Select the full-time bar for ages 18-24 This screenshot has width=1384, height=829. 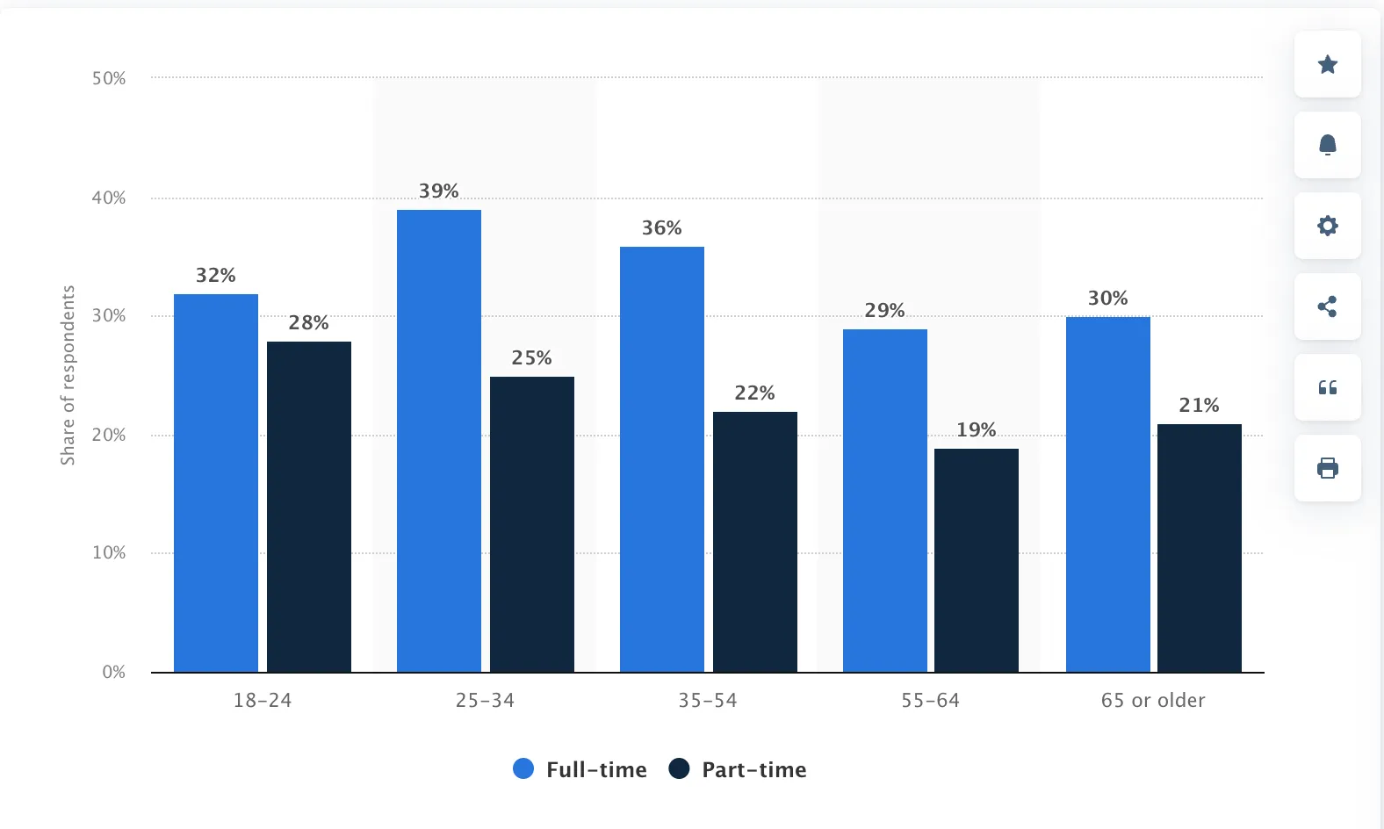pos(216,483)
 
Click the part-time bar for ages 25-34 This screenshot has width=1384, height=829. pos(532,524)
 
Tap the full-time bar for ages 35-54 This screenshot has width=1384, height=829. pos(662,459)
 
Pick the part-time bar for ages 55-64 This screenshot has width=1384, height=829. pos(977,560)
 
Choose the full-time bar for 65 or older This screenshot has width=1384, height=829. pos(1108,494)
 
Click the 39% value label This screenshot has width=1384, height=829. pos(439,191)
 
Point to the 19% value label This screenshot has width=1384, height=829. pos(977,430)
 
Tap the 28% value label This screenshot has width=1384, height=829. pos(309,323)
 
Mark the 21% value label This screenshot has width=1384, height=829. pos(1200,406)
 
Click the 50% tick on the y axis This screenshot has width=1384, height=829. pos(109,79)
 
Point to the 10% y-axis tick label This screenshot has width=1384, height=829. pos(109,553)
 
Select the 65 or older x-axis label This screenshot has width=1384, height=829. pos(1153,701)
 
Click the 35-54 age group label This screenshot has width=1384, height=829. pos(708,701)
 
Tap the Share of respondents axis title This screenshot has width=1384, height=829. pos(68,375)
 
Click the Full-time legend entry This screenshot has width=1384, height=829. pos(580,770)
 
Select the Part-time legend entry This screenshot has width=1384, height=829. pos(738,770)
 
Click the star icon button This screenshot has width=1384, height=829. pos(1328,64)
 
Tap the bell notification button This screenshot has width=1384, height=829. pos(1328,145)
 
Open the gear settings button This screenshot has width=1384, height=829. pos(1328,226)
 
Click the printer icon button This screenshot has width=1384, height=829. pos(1328,468)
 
